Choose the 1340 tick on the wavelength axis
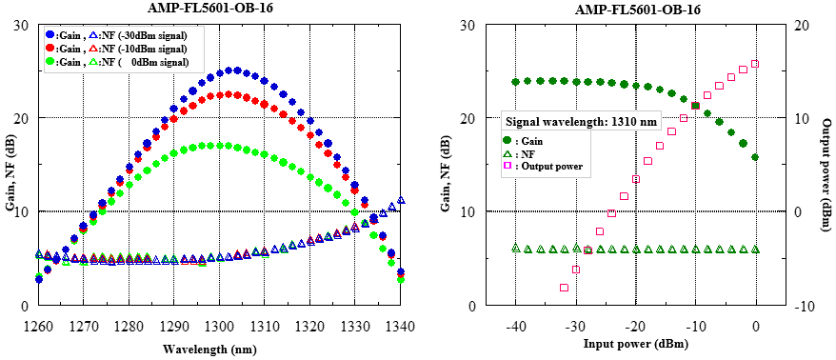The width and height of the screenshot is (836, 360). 400,326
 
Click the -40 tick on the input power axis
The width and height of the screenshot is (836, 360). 515,326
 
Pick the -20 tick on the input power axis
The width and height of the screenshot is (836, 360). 635,326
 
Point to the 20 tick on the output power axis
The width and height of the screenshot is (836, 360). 803,24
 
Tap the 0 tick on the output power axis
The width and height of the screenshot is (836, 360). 799,211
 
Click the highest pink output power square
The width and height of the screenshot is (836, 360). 755,64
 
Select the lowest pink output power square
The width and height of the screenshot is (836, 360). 564,287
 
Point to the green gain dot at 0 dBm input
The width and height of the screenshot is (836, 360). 755,157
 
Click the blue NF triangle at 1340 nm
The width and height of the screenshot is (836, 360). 401,201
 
